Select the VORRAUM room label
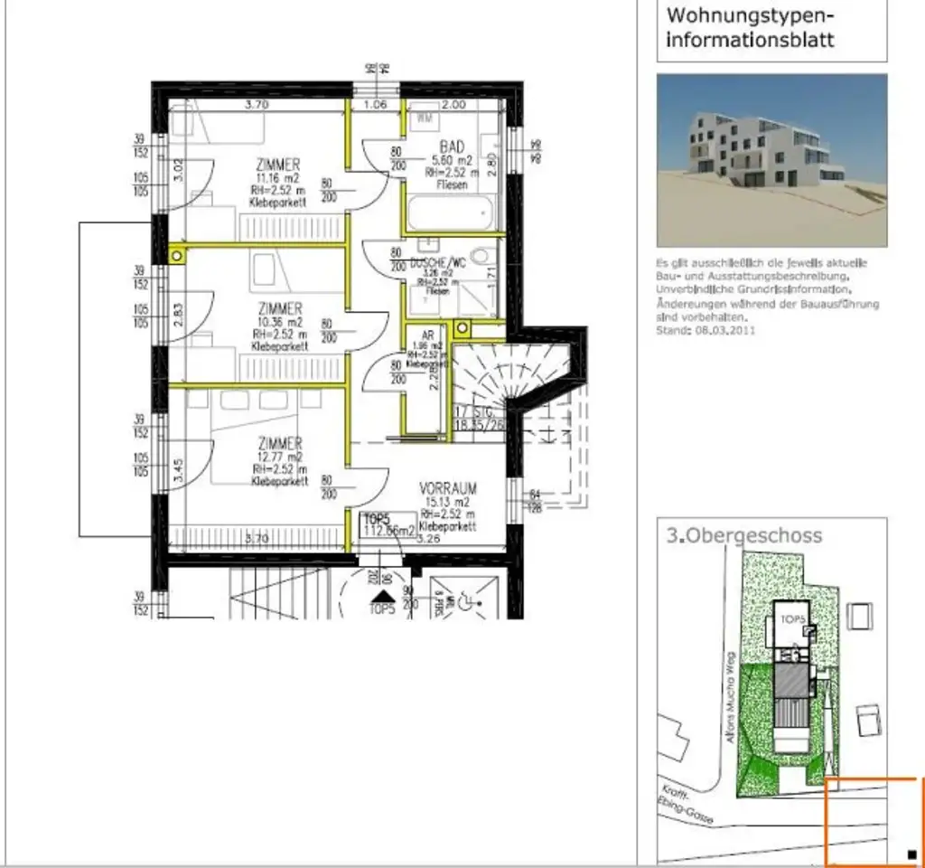pos(448,488)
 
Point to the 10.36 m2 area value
pos(279,321)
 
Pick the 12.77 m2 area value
pos(279,458)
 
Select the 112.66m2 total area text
pos(388,531)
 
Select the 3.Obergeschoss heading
pos(745,535)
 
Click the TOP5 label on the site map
pos(792,619)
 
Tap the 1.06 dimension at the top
pos(375,104)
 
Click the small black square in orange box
pos(911,854)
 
